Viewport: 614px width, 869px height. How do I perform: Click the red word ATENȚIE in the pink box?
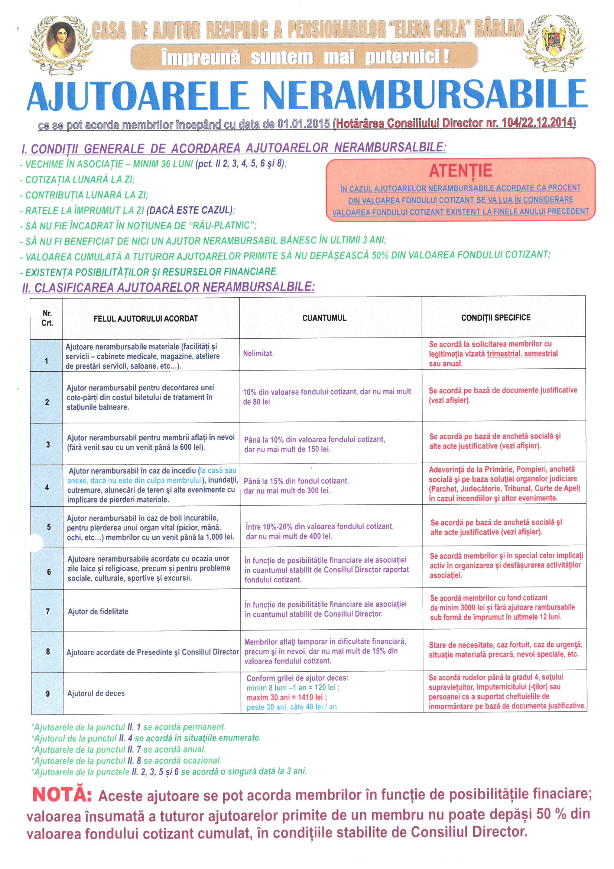460,171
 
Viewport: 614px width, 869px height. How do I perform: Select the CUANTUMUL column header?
324,318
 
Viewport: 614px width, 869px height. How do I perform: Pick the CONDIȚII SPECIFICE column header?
496,317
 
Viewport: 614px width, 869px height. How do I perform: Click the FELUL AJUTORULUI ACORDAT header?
146,319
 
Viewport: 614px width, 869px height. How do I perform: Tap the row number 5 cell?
48,527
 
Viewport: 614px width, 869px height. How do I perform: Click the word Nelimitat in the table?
259,353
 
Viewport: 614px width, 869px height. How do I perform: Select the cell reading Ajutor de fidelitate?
98,611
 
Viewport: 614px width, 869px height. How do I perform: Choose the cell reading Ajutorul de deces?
96,693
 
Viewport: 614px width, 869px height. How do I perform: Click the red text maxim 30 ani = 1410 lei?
287,697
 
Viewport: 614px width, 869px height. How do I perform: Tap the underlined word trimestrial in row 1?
503,353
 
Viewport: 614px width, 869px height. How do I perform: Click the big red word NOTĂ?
62,794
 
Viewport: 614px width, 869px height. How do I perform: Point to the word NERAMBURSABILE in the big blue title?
425,95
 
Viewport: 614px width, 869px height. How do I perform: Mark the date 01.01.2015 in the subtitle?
303,124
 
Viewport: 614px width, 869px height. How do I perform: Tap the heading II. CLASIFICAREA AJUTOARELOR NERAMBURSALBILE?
168,287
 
